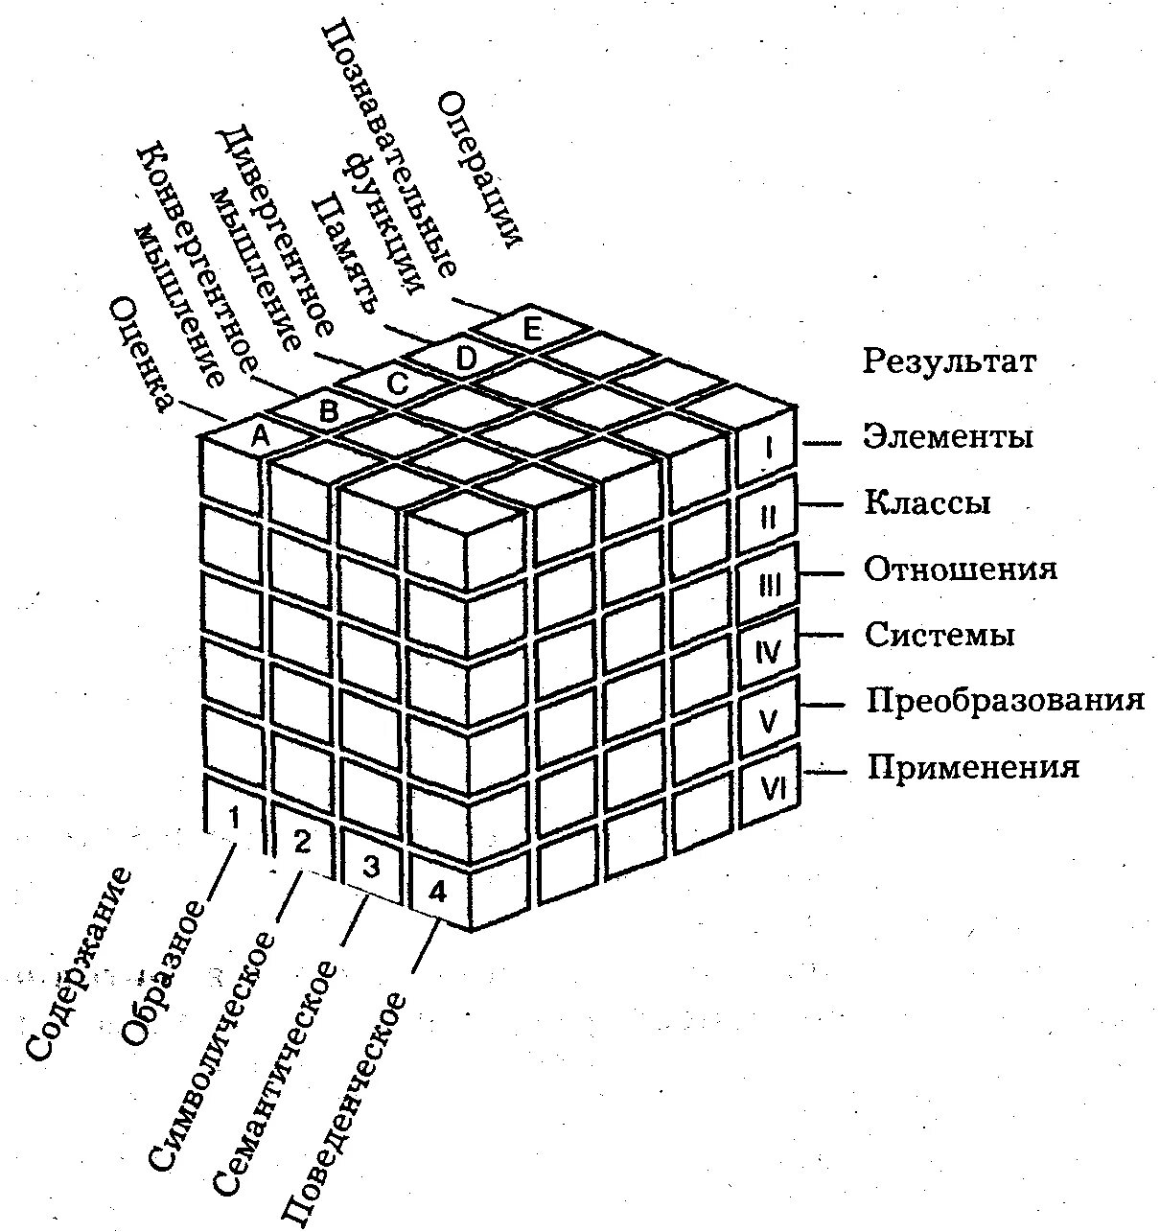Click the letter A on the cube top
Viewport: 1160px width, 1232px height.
tap(259, 438)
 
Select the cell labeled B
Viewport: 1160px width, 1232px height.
tap(328, 412)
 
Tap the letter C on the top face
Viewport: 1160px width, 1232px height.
tap(397, 384)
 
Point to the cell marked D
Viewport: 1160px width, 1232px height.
tap(465, 358)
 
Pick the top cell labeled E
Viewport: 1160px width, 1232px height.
tap(532, 329)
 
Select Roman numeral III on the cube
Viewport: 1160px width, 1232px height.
tap(769, 585)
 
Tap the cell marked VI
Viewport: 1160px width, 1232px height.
tap(773, 788)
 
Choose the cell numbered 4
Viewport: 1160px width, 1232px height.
tap(437, 893)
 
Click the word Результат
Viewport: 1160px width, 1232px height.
tap(949, 362)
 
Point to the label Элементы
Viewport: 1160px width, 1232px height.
tap(948, 436)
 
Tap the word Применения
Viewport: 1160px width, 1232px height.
tap(973, 767)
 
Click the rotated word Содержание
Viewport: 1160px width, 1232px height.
tap(79, 964)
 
